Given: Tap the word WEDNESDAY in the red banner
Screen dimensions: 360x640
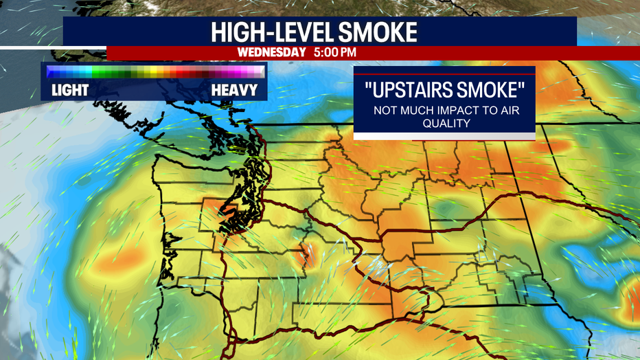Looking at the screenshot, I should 271,52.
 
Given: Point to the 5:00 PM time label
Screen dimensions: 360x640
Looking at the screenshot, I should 335,52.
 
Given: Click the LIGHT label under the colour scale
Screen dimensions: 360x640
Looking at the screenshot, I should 70,90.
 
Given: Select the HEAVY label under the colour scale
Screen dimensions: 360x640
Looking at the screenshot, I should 234,90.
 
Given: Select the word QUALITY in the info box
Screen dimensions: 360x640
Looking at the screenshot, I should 444,124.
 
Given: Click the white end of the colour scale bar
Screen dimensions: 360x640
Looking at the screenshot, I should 258,71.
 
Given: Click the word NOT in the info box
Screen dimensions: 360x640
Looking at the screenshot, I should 385,111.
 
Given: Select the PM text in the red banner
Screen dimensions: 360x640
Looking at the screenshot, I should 346,52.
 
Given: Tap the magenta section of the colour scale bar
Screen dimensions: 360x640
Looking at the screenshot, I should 230,71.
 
